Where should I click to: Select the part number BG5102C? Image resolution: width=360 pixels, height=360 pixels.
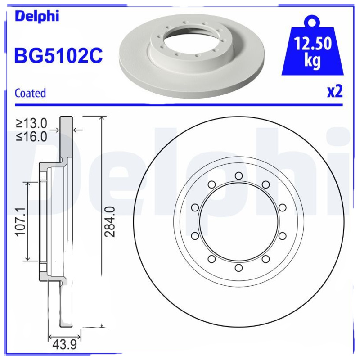point(59,56)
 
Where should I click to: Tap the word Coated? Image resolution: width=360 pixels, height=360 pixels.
point(30,93)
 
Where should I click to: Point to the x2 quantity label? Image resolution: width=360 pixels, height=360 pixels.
point(335,91)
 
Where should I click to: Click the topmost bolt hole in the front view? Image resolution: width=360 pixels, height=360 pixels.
point(238,175)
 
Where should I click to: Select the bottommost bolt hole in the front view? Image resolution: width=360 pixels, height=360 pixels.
point(238,268)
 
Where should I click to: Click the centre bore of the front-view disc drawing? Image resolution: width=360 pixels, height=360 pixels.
point(238,221)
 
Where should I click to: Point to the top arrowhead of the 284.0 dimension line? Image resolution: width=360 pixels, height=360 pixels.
point(103,118)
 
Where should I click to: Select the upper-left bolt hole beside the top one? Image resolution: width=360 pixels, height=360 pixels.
point(211,184)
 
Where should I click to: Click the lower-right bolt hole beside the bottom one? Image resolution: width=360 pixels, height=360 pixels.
point(265,258)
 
